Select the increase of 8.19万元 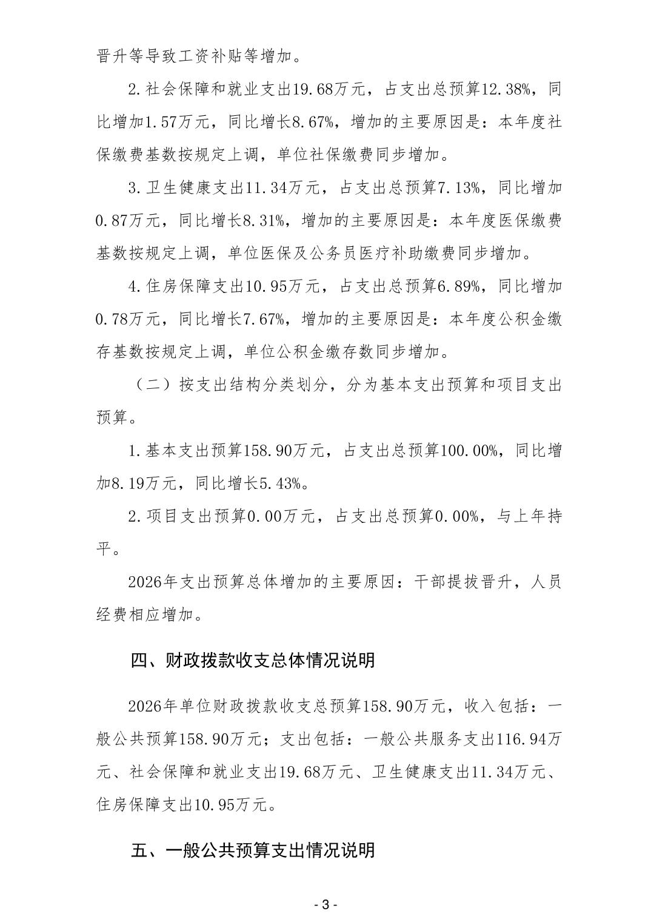coord(144,483)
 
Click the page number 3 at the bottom coord(325,904)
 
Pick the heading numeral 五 coord(139,850)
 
